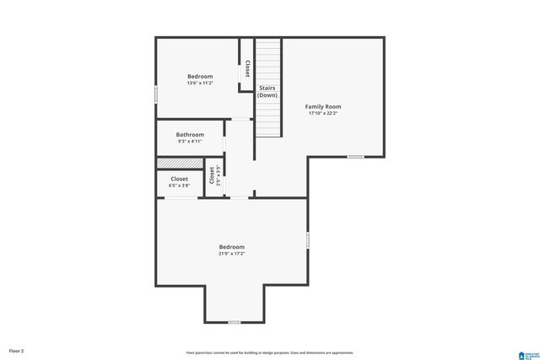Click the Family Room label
click(x=323, y=107)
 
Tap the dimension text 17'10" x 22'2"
click(x=323, y=114)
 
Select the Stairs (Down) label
click(x=267, y=91)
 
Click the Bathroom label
click(x=190, y=135)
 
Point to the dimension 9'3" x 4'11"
click(x=190, y=142)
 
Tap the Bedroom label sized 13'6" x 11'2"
click(x=200, y=77)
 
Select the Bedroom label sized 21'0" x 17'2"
click(x=231, y=247)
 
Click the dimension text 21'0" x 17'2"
click(x=231, y=254)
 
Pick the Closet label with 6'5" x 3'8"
click(x=180, y=179)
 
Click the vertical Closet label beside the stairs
click(x=247, y=69)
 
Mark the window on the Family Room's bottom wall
click(x=356, y=157)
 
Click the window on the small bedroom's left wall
click(x=155, y=94)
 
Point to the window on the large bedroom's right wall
click(x=308, y=240)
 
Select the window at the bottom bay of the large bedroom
click(x=234, y=322)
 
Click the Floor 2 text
click(x=17, y=351)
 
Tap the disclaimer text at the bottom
click(x=270, y=352)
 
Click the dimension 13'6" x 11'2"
click(x=200, y=83)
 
